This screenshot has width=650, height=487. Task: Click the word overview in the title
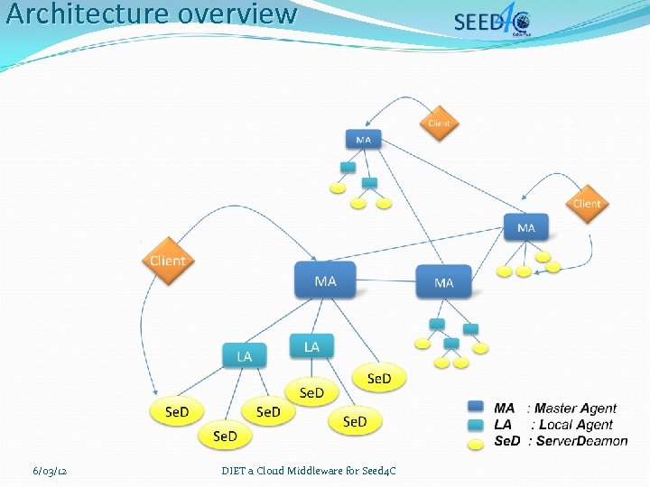pos(237,14)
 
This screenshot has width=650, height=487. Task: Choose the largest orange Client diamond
pos(167,261)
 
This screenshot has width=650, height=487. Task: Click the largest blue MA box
pos(325,280)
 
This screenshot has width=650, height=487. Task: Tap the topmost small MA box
pos(363,140)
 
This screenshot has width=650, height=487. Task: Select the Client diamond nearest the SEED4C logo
pos(439,123)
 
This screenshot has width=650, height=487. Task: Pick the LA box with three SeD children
pos(244,356)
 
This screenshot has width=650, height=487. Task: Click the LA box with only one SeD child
pos(311,346)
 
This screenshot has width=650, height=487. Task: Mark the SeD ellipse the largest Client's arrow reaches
pos(177,411)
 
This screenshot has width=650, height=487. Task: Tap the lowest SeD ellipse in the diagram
pos(225,436)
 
